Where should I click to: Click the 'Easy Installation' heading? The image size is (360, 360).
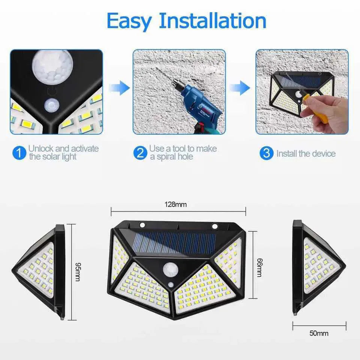pos(186,21)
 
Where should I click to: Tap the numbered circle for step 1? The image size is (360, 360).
pos(18,153)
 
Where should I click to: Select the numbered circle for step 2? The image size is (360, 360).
pos(139,153)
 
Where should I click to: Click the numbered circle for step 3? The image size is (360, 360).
pos(266,153)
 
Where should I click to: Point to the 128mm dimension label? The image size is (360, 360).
pos(175,205)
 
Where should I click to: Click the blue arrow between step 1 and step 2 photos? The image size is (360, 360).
pos(119,88)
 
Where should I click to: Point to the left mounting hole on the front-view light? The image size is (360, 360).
pos(142,225)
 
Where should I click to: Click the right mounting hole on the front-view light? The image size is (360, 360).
pos(215,226)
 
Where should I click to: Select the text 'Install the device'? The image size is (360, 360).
pos(306,153)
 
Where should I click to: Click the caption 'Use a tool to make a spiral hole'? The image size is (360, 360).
pos(183,153)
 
